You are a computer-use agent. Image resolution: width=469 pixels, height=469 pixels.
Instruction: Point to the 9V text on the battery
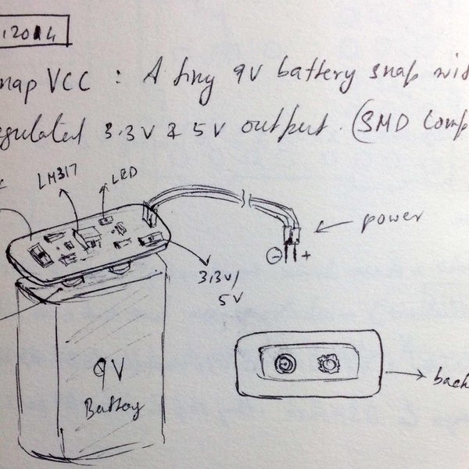(x=109, y=370)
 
